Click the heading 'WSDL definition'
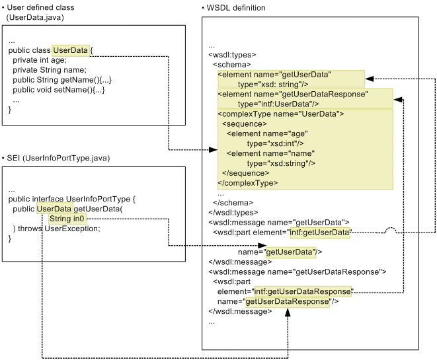tap(235, 8)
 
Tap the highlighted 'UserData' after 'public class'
tap(70, 50)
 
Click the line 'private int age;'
tap(40, 60)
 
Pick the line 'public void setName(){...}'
tap(58, 90)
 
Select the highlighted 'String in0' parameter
tap(67, 219)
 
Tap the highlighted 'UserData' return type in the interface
tap(54, 209)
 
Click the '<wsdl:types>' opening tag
tap(232, 55)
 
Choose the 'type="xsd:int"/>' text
tap(275, 143)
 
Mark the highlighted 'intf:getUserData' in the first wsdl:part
tap(319, 232)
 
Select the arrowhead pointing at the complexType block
tap(213, 150)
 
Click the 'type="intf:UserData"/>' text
tap(278, 104)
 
